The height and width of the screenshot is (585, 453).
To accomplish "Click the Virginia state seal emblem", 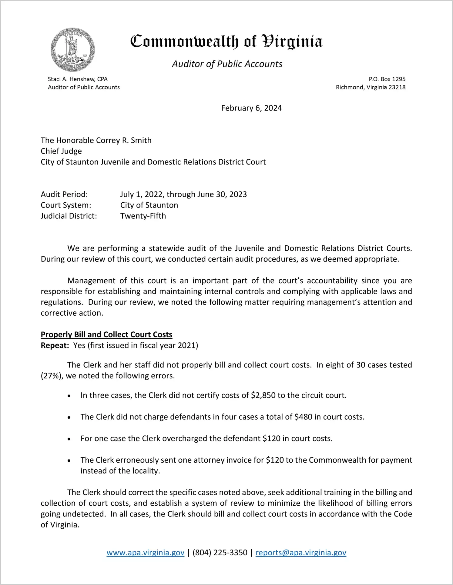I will (x=72, y=50).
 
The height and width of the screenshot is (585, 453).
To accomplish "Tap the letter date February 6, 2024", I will (x=251, y=108).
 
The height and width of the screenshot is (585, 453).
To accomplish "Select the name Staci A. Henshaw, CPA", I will (x=78, y=79).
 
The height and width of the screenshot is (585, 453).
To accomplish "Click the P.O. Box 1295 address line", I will (x=387, y=79).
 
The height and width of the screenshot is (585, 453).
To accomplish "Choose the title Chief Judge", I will (x=61, y=151).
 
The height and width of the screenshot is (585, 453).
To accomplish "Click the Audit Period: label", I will (x=64, y=194).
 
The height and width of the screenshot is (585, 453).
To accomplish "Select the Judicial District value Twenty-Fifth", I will (x=143, y=216).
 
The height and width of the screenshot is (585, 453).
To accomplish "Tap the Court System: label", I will (x=66, y=205).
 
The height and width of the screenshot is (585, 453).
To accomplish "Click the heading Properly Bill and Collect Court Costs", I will (x=106, y=334).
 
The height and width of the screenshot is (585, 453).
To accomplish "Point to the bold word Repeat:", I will (x=55, y=345).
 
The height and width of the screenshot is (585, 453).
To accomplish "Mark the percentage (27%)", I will (x=51, y=376).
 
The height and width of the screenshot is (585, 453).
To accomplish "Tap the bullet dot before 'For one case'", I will (x=69, y=439).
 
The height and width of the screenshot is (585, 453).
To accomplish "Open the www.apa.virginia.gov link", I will (x=145, y=553).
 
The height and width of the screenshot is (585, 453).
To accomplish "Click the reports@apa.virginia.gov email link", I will (x=301, y=553).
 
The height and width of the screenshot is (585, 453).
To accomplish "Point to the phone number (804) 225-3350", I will (x=220, y=553).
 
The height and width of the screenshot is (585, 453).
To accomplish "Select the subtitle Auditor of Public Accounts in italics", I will (x=227, y=64).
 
